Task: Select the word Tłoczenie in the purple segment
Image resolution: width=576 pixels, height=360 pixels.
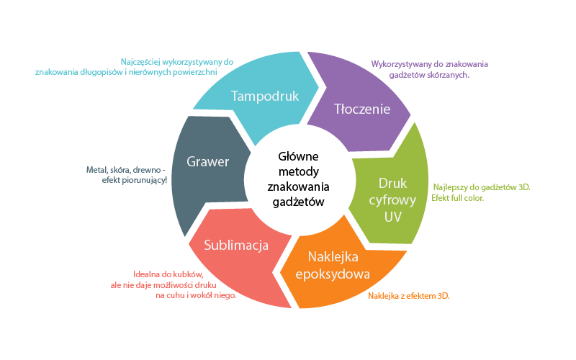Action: click(x=362, y=109)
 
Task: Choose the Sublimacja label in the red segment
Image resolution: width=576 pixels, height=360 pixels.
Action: click(x=236, y=245)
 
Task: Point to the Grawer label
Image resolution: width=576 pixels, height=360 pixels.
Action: click(x=207, y=161)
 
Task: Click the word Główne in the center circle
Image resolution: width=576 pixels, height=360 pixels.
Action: click(x=299, y=157)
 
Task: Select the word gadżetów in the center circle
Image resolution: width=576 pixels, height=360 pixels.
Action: click(x=299, y=202)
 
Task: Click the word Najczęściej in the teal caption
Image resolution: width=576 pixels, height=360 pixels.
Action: click(x=145, y=60)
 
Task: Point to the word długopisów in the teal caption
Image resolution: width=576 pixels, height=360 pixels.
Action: click(x=106, y=71)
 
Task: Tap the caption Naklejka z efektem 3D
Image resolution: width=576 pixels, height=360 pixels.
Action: click(x=413, y=296)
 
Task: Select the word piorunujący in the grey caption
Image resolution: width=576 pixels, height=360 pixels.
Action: click(x=145, y=180)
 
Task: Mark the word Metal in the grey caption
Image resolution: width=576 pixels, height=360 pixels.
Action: click(x=96, y=170)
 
